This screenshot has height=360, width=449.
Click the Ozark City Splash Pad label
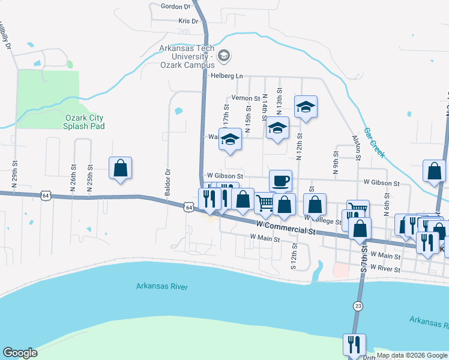(x=85, y=122)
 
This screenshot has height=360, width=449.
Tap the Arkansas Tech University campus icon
(x=224, y=56)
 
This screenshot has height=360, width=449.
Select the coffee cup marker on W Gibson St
(x=280, y=180)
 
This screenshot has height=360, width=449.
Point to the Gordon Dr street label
(x=175, y=7)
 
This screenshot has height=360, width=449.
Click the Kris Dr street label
(x=188, y=21)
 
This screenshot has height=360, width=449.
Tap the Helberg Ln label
(x=226, y=76)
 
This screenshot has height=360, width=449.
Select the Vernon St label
(x=245, y=98)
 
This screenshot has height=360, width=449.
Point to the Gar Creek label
(x=375, y=143)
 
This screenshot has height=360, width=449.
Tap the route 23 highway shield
(x=358, y=305)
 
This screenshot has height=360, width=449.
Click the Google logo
(x=20, y=353)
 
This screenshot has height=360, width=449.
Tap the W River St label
(x=385, y=269)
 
